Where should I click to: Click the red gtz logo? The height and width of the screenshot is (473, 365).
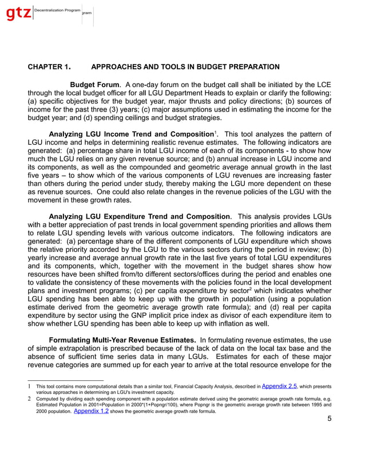pos(18,15)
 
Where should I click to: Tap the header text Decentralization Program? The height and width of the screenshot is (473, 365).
pos(57,11)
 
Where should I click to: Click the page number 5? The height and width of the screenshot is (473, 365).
pos(329,419)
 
